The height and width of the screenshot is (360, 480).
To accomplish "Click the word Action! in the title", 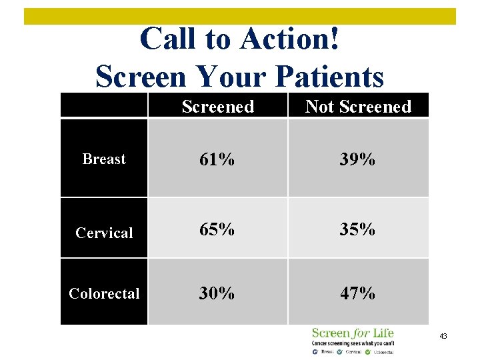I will coord(292,39).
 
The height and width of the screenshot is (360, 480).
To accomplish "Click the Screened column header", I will coord(217,107).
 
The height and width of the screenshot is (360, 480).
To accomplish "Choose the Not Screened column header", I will coord(358,107).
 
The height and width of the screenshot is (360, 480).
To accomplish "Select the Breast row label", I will coord(103,159).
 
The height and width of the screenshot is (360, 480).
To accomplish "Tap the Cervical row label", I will coord(104,233).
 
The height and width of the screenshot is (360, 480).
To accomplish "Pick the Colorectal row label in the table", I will coord(104,293).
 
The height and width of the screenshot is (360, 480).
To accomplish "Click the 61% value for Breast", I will coord(217,159).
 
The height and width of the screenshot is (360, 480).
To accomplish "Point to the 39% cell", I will coord(358,159).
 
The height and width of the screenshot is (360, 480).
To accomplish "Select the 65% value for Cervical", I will coord(217,229).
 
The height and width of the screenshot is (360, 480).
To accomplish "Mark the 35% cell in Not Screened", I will coord(358,229).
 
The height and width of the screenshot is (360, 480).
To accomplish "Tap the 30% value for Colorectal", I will coord(217,293).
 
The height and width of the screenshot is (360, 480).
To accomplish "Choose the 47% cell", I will coord(358,293).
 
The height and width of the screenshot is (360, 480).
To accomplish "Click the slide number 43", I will coord(443,337).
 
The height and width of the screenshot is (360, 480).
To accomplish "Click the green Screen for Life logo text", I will coord(353,333).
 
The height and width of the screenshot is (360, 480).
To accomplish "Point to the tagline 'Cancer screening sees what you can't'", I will coord(353,343).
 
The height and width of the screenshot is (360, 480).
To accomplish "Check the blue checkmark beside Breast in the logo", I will coord(315,351).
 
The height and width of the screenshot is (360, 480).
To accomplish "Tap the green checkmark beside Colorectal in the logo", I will coord(368,351).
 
